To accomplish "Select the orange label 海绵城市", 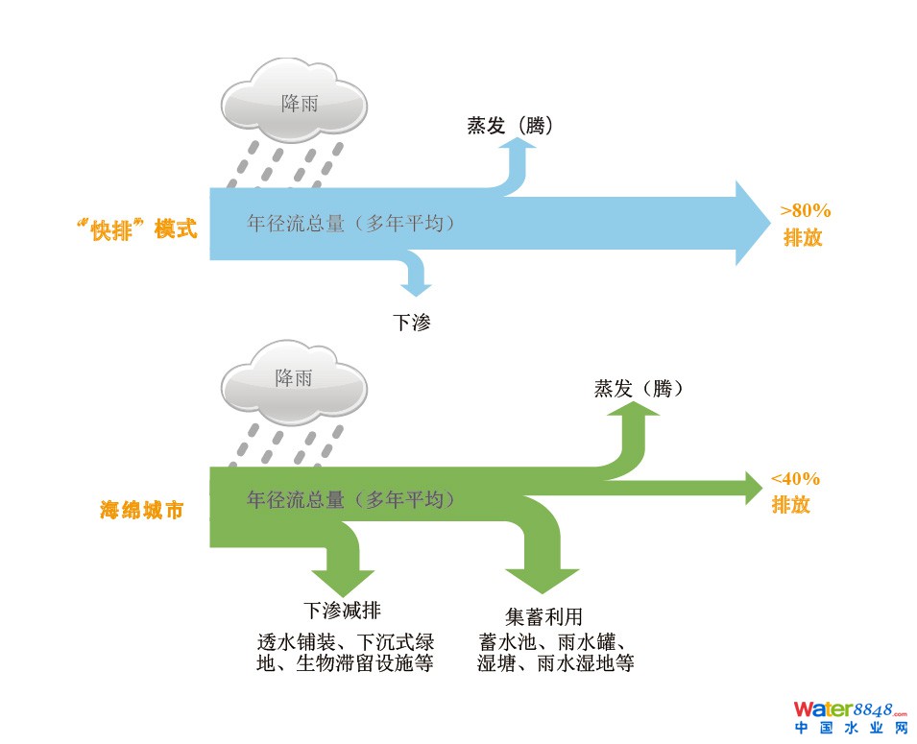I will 141,510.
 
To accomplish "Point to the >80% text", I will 805,210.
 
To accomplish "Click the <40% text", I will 795,479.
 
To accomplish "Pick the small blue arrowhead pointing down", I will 416,285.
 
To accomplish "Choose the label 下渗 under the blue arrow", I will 411,323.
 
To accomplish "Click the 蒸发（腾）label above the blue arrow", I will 509,126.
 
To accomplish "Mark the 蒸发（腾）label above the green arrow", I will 639,389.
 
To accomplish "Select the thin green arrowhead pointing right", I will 752,487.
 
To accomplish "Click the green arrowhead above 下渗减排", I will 341,579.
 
